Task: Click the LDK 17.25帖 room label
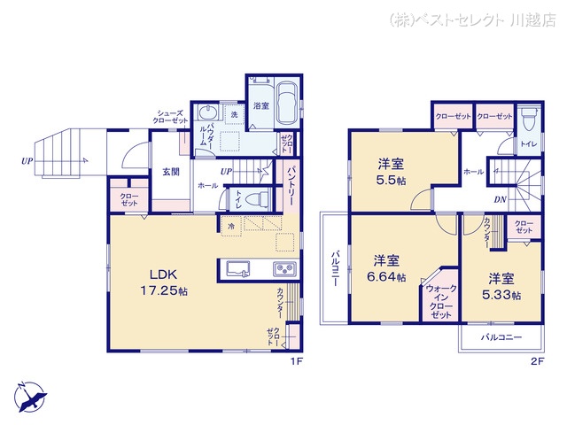(167, 282)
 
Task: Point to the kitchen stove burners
(285, 270)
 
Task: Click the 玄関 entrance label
(172, 173)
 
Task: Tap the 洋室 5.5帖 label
(391, 171)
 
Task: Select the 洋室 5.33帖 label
(501, 286)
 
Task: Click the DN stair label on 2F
(500, 200)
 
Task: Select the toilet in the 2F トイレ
(529, 118)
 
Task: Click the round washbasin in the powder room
(206, 114)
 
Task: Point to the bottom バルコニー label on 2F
(501, 338)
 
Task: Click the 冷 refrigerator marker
(231, 227)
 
